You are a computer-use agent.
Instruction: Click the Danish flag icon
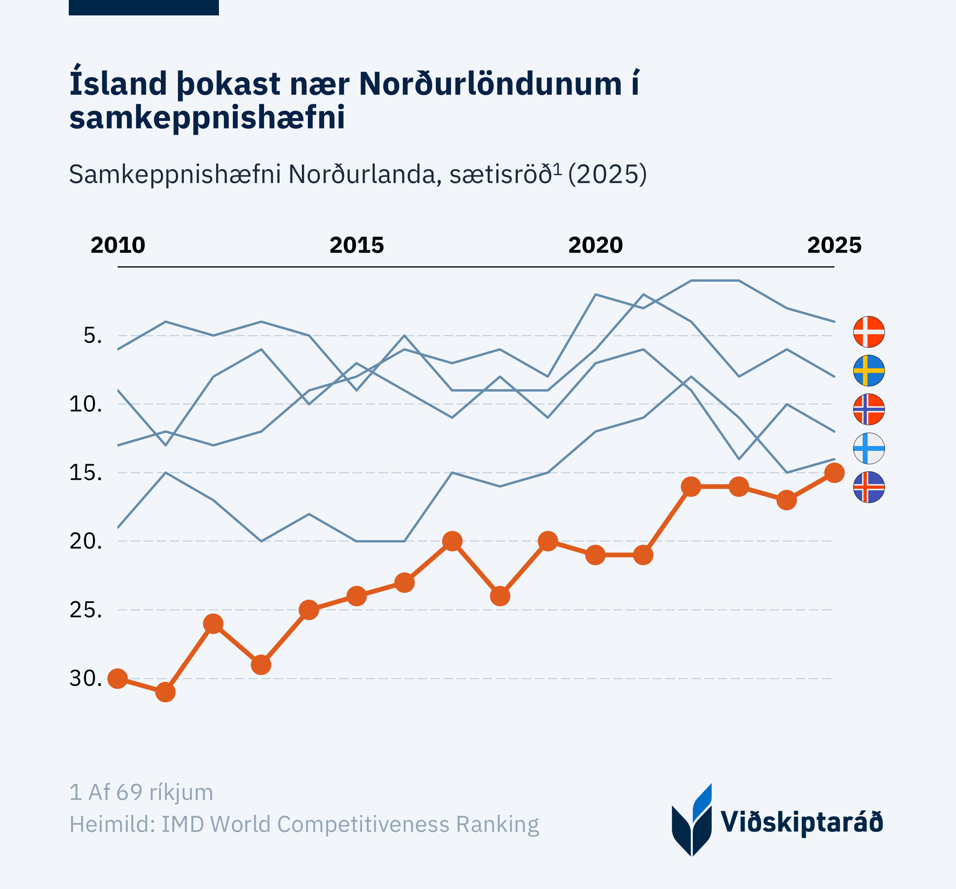(869, 332)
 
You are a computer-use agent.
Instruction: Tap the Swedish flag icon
(869, 371)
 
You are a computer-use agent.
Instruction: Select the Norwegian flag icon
(869, 409)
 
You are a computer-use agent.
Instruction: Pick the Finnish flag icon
(869, 448)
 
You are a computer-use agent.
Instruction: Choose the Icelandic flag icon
(869, 487)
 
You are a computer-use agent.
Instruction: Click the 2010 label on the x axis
(118, 245)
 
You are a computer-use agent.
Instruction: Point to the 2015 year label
(356, 245)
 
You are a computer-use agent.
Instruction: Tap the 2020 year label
(595, 245)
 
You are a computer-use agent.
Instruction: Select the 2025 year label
(834, 245)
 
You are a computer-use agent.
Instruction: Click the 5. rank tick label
(93, 335)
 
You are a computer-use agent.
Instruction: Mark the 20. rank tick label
(86, 541)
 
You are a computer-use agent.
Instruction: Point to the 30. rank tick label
(86, 678)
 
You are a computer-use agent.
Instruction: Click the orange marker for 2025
(834, 473)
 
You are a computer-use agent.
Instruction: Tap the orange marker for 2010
(118, 678)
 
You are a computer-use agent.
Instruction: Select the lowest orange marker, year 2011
(166, 692)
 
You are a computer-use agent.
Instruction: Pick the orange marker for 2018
(500, 596)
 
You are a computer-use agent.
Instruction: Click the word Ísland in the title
(118, 84)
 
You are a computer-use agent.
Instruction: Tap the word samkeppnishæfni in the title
(207, 118)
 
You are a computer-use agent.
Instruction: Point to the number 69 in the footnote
(129, 792)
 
